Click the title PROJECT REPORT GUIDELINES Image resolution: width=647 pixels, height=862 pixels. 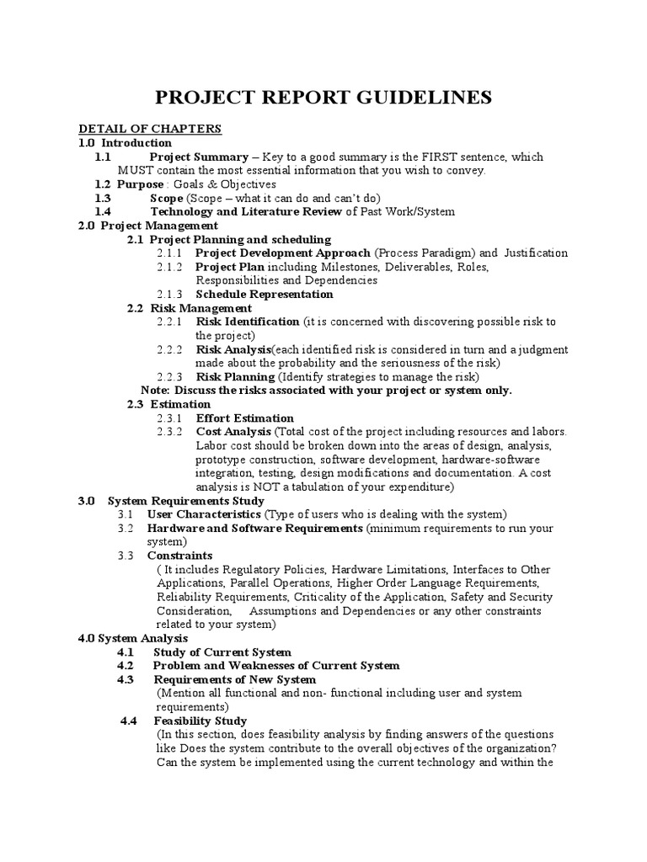pyautogui.click(x=324, y=98)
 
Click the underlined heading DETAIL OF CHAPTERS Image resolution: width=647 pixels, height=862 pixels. pyautogui.click(x=150, y=129)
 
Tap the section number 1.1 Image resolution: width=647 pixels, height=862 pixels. pyautogui.click(x=103, y=157)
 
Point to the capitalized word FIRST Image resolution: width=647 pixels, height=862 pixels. pyautogui.click(x=434, y=157)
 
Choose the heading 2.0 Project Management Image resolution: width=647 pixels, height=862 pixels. pyautogui.click(x=147, y=226)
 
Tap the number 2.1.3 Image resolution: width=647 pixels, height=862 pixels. pyautogui.click(x=169, y=294)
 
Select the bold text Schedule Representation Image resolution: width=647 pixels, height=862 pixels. pyautogui.click(x=264, y=294)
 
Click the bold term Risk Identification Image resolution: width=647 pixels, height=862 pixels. pyautogui.click(x=248, y=322)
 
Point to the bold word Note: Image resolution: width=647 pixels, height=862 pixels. pyautogui.click(x=154, y=391)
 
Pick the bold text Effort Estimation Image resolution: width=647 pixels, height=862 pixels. pyautogui.click(x=244, y=418)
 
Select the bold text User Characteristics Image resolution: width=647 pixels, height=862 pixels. pyautogui.click(x=204, y=513)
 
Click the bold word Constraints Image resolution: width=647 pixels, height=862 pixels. pyautogui.click(x=179, y=556)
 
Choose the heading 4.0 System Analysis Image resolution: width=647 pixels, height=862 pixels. pyautogui.click(x=133, y=638)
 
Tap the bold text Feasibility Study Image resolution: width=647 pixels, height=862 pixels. pyautogui.click(x=200, y=721)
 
